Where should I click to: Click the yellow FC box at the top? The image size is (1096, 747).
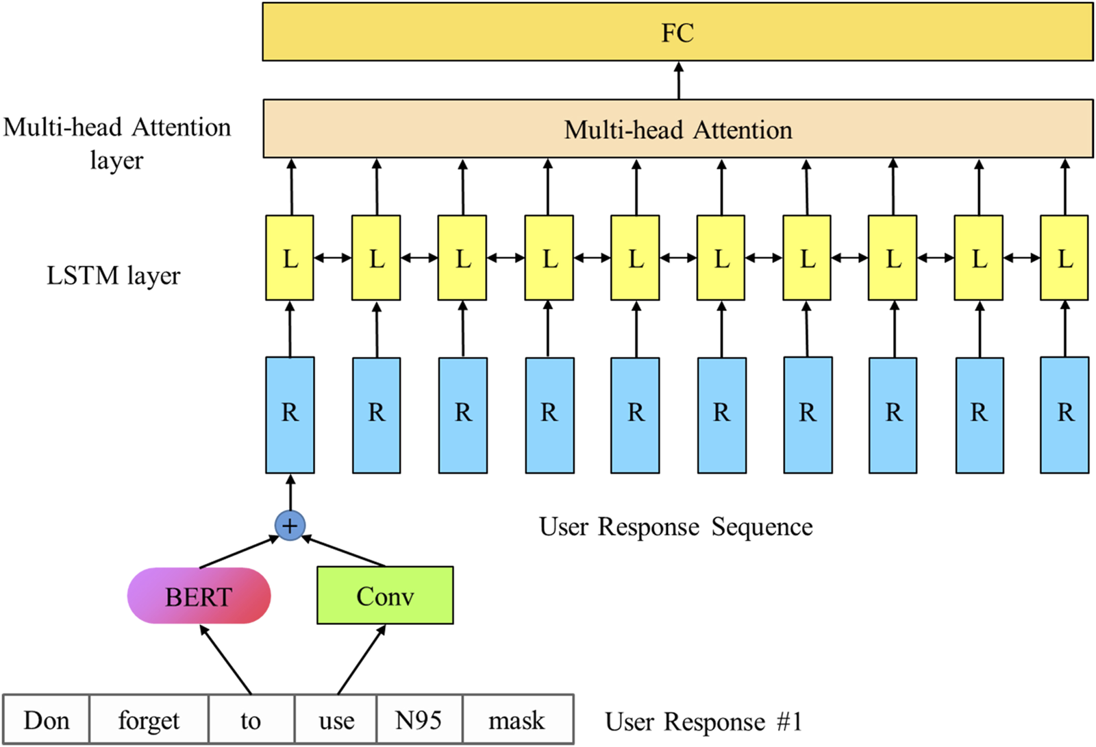click(x=677, y=32)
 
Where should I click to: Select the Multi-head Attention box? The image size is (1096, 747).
click(x=677, y=130)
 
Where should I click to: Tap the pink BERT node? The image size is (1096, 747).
click(x=199, y=596)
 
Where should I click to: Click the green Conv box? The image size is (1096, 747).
click(x=385, y=596)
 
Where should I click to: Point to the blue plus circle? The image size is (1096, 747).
click(x=290, y=526)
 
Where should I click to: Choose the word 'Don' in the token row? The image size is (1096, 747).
click(x=47, y=720)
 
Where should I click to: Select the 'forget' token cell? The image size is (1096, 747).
click(x=149, y=720)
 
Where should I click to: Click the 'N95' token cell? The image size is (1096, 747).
click(x=419, y=720)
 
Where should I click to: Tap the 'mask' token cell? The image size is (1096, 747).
click(x=517, y=720)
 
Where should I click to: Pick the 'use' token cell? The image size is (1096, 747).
click(x=336, y=720)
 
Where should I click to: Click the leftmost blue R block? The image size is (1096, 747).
click(x=290, y=414)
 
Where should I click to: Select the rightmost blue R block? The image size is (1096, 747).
click(x=1064, y=414)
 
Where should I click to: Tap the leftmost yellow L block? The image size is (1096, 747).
click(x=290, y=258)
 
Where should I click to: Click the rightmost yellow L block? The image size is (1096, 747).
click(x=1064, y=258)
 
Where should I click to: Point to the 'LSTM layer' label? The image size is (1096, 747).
click(x=113, y=275)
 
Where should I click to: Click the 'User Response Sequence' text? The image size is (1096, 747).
click(x=675, y=527)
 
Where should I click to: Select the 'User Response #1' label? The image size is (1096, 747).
click(x=703, y=722)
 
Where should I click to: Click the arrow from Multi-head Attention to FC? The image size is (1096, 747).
click(x=679, y=81)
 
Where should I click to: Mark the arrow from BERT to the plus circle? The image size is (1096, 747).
click(x=238, y=552)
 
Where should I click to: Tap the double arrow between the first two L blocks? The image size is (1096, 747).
click(x=333, y=258)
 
